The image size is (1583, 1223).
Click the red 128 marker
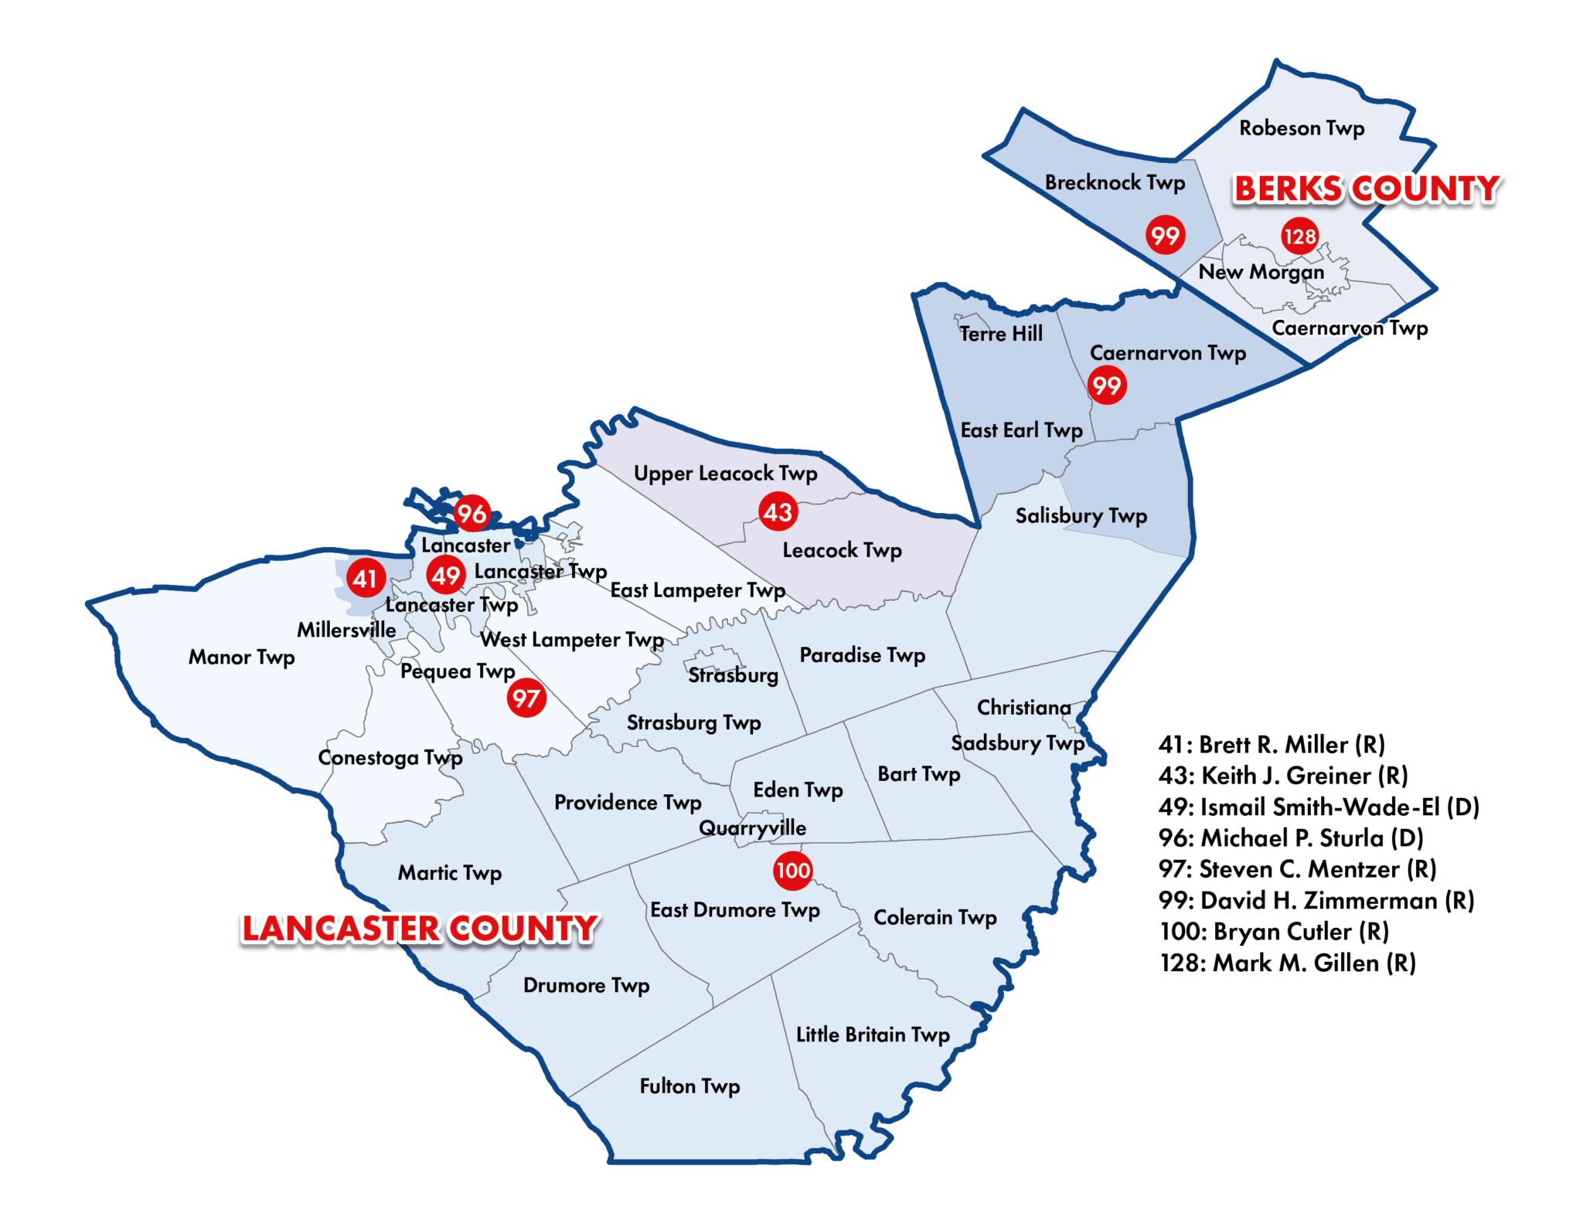coord(1299,236)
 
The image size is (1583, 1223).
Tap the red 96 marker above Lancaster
coord(471,513)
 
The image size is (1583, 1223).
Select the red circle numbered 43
coord(778,511)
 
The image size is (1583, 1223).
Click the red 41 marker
coord(366,578)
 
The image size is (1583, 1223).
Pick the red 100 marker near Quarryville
coord(792,871)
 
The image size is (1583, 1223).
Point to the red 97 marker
coord(526,698)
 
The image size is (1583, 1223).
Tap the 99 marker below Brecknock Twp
coord(1165,235)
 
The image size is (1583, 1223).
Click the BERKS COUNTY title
coord(1367,189)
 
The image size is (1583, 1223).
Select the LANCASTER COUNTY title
coord(418,929)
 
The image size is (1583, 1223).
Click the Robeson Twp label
coord(1302,128)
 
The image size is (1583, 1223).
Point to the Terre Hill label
coord(1001,334)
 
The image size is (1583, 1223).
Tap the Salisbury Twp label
coord(1081,515)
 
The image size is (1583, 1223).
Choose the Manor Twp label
coord(242,657)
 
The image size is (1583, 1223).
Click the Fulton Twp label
coord(689,1086)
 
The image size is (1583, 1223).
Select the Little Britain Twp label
coord(873,1034)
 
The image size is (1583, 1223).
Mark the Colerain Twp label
coord(934,917)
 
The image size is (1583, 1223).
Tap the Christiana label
coord(1023,708)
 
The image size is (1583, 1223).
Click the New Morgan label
coord(1261,272)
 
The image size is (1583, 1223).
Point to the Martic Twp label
coord(450,873)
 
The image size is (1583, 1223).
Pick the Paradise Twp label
coord(862,655)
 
